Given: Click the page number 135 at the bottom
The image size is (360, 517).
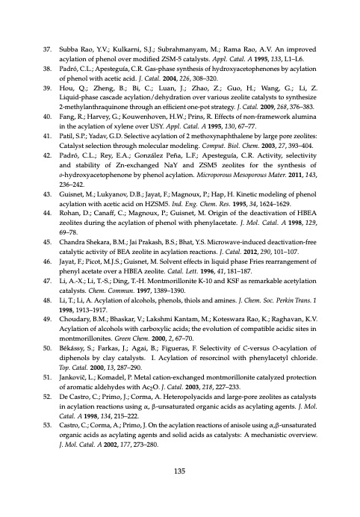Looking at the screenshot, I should pyautogui.click(x=179, y=470).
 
